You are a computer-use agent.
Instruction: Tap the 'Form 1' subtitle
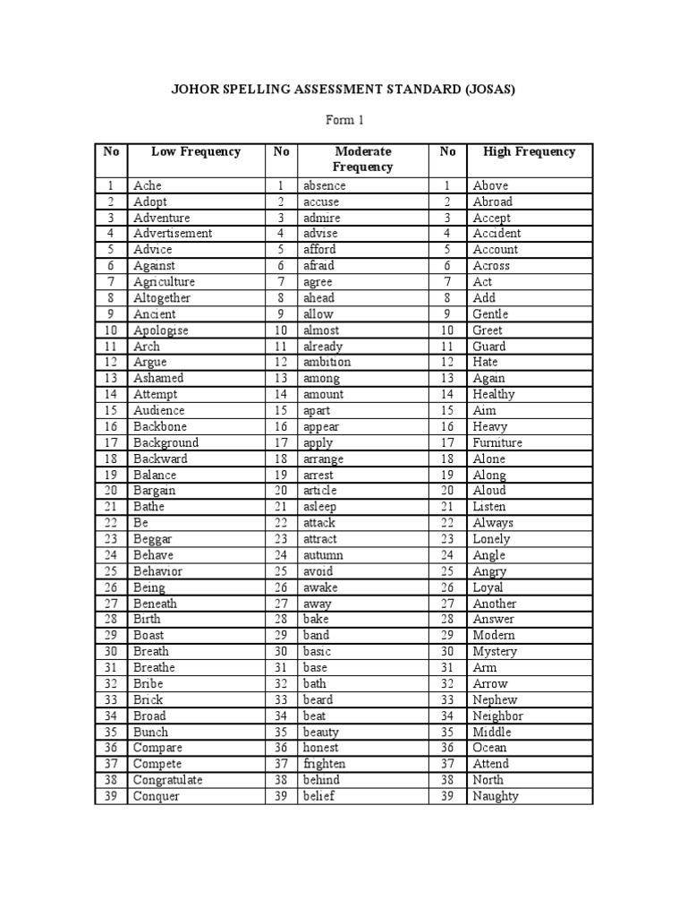pos(343,120)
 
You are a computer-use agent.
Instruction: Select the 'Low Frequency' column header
pos(196,151)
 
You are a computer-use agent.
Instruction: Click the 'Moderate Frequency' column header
pos(363,159)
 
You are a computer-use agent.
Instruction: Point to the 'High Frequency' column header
pos(529,151)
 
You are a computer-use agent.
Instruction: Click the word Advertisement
pos(173,234)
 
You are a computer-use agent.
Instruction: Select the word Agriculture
pos(164,282)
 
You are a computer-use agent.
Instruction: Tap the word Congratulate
pos(168,780)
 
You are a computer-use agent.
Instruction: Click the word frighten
pos(324,764)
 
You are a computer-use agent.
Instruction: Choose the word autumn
pos(323,555)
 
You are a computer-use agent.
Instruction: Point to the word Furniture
pos(497,442)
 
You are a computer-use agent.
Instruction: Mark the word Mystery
pos(495,651)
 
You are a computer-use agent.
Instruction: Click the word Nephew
pos(495,699)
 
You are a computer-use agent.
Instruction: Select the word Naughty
pos(496,796)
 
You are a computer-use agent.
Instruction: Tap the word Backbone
pos(160,427)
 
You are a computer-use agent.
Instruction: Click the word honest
pos(320,748)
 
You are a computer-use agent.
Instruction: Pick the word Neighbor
pos(498,716)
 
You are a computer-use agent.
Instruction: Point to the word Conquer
pos(157,796)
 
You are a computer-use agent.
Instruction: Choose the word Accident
pos(496,234)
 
